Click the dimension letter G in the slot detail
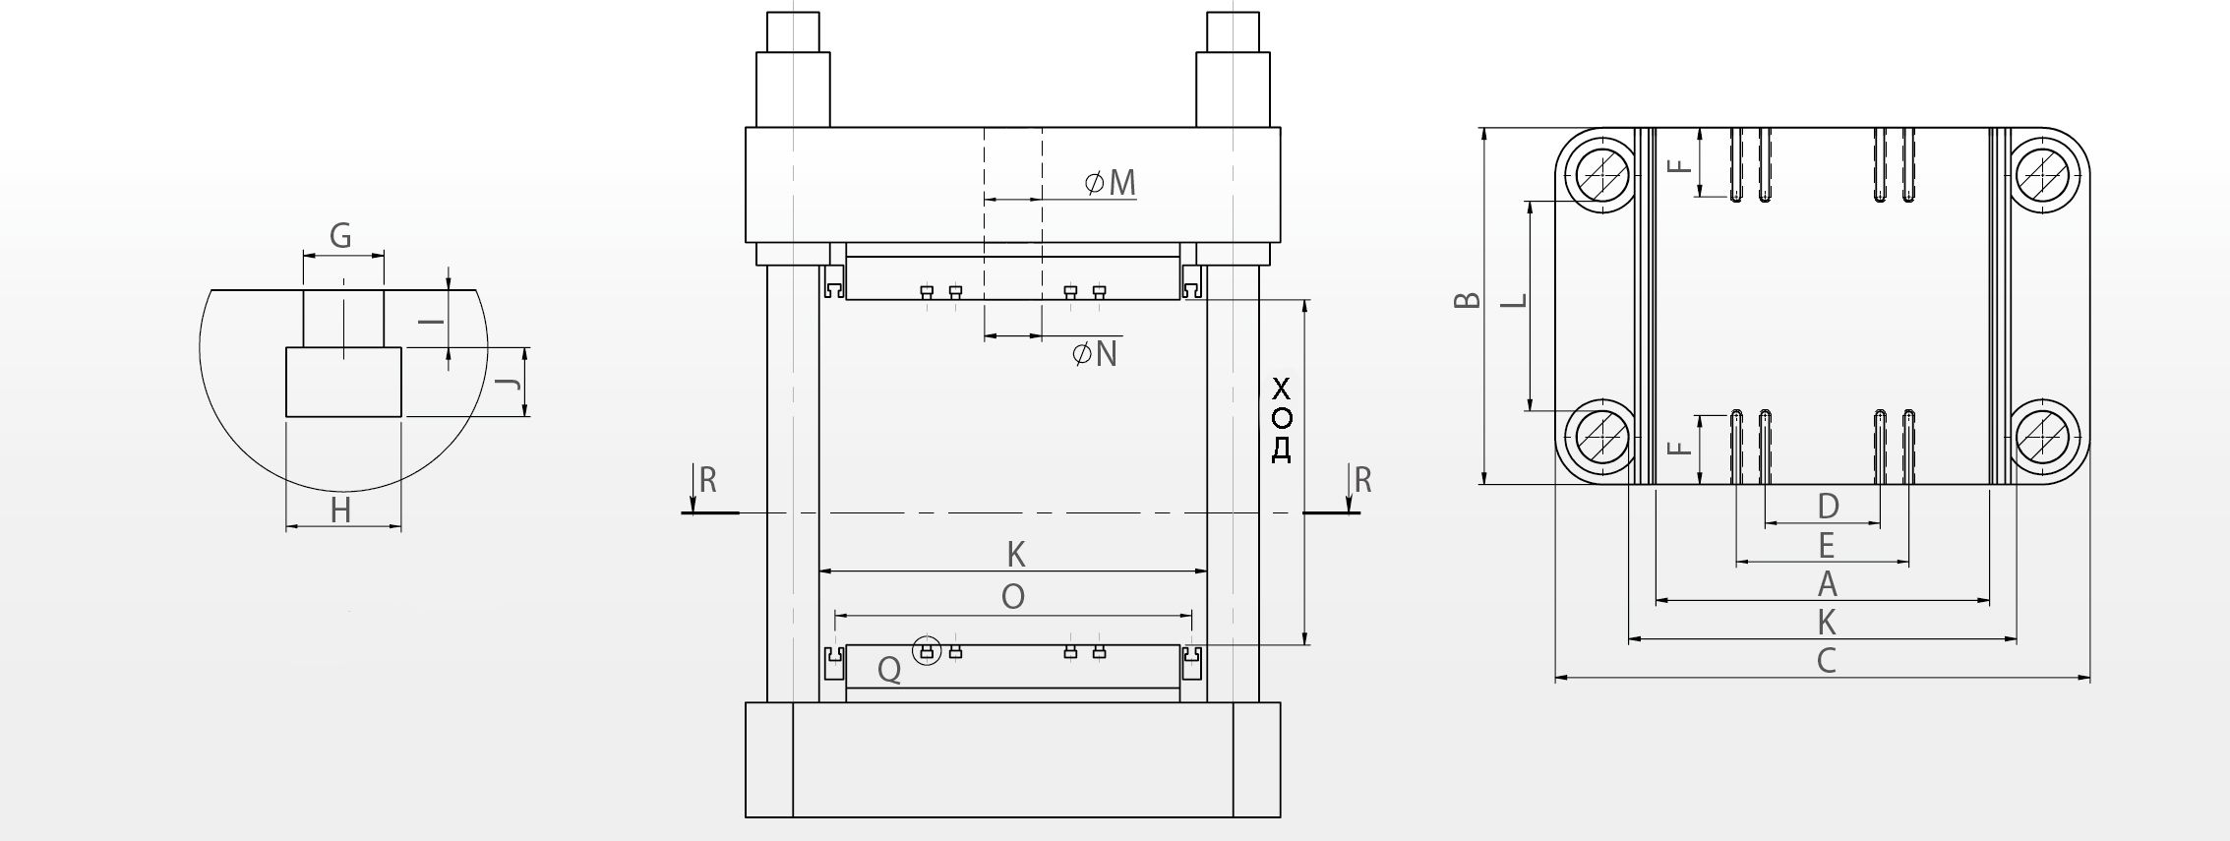click(340, 236)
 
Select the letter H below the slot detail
click(340, 511)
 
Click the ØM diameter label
click(1111, 182)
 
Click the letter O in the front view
click(1013, 596)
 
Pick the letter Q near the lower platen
click(889, 670)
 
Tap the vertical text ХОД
click(1281, 419)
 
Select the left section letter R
click(707, 480)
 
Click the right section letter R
click(1362, 480)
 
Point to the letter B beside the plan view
click(1468, 299)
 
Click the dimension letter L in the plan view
click(1516, 299)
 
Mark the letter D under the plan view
click(1828, 507)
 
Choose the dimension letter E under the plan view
click(1826, 545)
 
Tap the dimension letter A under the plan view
click(1827, 584)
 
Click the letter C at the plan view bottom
click(1827, 661)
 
